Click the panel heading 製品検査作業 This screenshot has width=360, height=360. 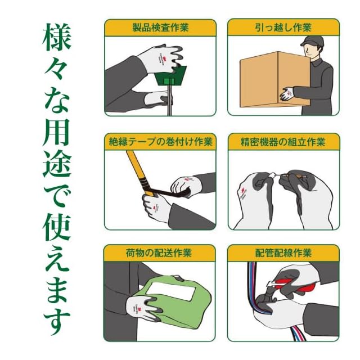click(160, 28)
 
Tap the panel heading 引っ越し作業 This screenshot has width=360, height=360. click(283, 28)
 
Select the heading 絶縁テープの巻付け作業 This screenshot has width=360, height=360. click(160, 141)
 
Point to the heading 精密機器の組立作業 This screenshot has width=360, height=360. click(283, 142)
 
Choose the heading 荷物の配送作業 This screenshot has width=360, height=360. click(159, 253)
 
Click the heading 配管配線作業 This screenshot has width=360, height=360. click(283, 253)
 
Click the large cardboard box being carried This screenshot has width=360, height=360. click(275, 79)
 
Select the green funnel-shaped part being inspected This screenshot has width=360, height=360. click(170, 76)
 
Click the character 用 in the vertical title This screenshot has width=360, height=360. click(57, 133)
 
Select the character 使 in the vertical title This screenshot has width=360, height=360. click(57, 227)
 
